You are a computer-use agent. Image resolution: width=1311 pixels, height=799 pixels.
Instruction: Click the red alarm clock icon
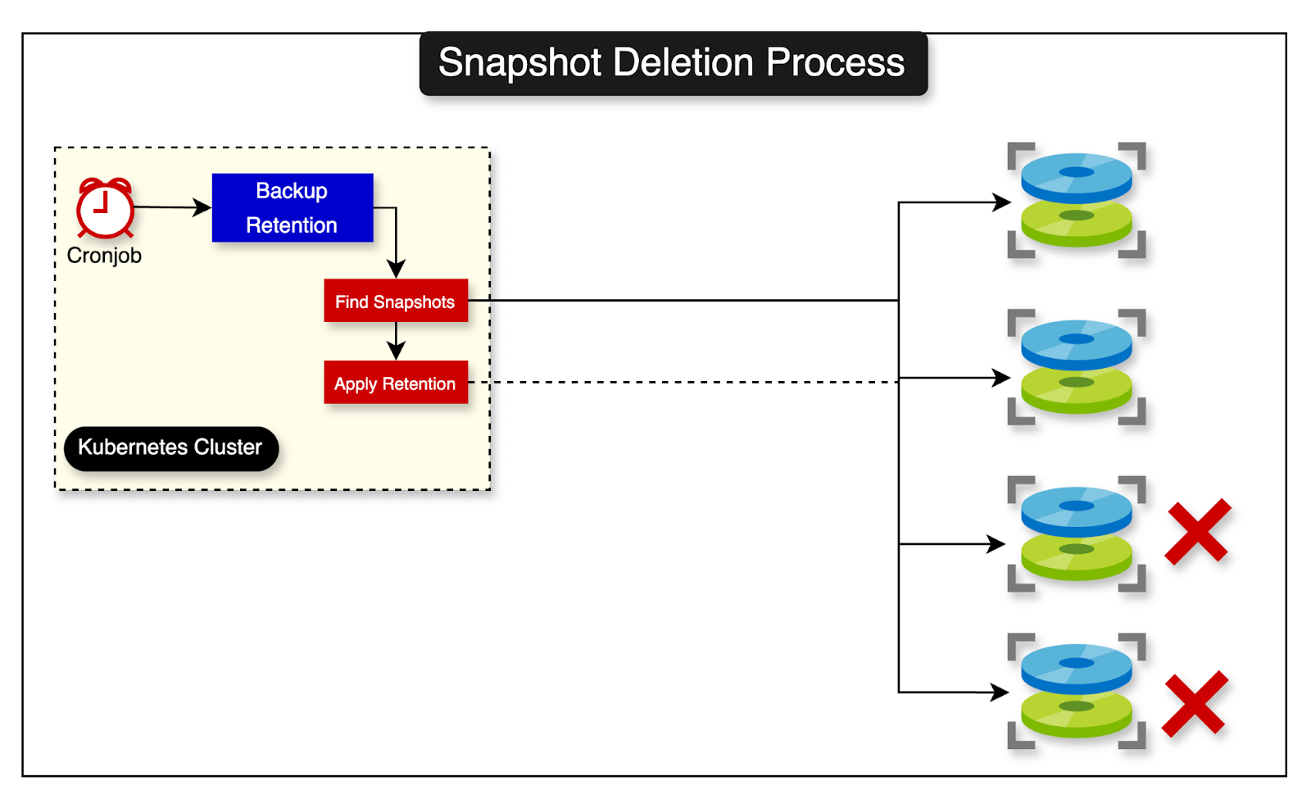105,208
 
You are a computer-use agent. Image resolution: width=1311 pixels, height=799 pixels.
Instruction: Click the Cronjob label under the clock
104,256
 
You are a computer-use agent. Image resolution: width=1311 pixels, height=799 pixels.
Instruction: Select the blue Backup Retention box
293,207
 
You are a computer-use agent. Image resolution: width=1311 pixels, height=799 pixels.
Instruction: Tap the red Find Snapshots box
395,301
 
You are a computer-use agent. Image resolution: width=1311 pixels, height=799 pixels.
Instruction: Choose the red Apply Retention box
395,383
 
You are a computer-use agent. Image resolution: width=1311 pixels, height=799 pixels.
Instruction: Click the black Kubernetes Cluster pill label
170,447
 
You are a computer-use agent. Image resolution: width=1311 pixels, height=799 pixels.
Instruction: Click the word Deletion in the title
683,62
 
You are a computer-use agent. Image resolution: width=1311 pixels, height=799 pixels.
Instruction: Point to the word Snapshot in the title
519,62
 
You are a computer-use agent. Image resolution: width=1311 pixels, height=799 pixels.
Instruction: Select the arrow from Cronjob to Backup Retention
172,207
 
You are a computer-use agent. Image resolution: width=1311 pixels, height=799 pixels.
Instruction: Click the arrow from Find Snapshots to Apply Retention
396,340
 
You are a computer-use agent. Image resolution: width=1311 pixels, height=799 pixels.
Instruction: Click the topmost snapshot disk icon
1076,200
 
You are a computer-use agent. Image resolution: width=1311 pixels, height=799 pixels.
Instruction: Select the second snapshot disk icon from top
1076,367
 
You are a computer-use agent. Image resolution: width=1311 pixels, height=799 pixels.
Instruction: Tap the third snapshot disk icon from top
1076,533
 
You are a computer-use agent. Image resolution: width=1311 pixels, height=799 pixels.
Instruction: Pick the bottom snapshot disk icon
1076,691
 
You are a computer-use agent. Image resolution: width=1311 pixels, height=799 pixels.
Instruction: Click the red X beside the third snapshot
1197,532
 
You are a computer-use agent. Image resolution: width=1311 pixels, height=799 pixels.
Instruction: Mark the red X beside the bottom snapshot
1195,703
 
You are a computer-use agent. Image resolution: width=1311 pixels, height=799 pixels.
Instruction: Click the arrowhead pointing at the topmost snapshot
1002,202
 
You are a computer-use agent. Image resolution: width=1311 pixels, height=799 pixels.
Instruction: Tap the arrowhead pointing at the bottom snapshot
1000,692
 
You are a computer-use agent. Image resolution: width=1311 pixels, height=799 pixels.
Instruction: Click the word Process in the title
835,62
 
